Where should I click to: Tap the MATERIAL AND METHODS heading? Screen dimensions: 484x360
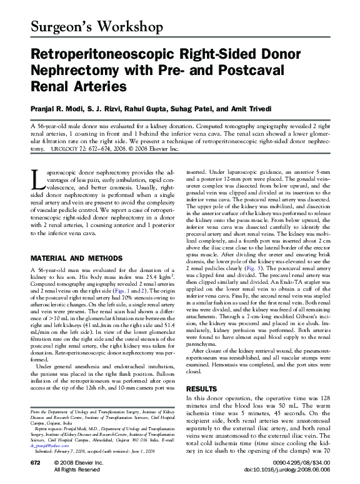pyautogui.click(x=71, y=258)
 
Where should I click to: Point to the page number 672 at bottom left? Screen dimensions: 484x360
pyautogui.click(x=36, y=461)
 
